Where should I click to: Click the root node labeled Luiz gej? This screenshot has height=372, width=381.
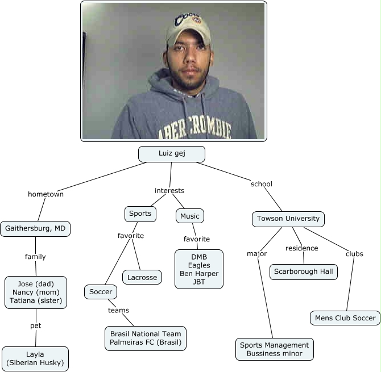171,154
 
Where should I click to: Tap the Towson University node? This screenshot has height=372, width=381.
288,219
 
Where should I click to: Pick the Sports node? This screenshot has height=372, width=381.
140,214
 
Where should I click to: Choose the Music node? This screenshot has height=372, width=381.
189,216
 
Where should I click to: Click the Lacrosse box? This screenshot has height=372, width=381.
142,277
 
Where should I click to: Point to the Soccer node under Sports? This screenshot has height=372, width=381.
101,292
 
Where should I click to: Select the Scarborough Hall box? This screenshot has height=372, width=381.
303,271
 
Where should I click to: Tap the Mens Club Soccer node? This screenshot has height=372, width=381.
345,318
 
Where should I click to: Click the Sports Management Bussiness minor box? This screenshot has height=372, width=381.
274,349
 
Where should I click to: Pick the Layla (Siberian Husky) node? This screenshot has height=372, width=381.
35,358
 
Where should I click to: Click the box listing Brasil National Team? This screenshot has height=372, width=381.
146,338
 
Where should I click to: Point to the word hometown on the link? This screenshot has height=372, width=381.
45,194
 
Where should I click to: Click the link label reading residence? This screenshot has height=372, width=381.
301,248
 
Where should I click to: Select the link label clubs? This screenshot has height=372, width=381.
354,254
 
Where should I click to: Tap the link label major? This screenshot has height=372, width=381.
256,254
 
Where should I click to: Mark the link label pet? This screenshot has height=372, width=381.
36,326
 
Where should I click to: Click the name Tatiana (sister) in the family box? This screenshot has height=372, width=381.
36,300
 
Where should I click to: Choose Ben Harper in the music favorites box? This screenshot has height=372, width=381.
198,273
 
